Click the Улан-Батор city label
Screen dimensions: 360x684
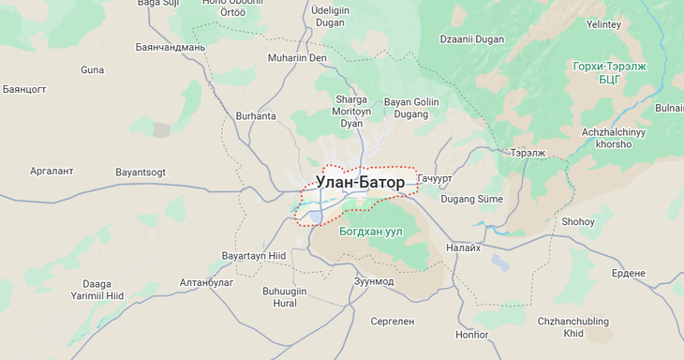pyautogui.click(x=361, y=182)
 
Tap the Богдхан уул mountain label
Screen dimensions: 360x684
pyautogui.click(x=371, y=231)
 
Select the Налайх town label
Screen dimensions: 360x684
pyautogui.click(x=463, y=247)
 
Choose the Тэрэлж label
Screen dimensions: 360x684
pyautogui.click(x=528, y=152)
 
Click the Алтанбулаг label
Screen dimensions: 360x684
pyautogui.click(x=206, y=282)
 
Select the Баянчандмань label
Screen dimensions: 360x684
pyautogui.click(x=171, y=47)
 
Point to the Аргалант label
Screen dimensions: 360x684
pyautogui.click(x=52, y=172)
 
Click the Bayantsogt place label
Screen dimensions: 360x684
pyautogui.click(x=140, y=172)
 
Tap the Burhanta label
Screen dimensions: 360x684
pyautogui.click(x=256, y=116)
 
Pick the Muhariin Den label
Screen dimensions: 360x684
pyautogui.click(x=297, y=58)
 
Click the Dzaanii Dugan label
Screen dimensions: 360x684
pyautogui.click(x=471, y=39)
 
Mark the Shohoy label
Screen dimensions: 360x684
pyautogui.click(x=577, y=222)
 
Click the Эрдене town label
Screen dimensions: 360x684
pyautogui.click(x=628, y=273)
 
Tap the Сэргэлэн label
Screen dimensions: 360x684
pyautogui.click(x=392, y=322)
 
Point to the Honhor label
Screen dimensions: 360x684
pyautogui.click(x=471, y=335)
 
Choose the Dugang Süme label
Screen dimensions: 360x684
pyautogui.click(x=471, y=199)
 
